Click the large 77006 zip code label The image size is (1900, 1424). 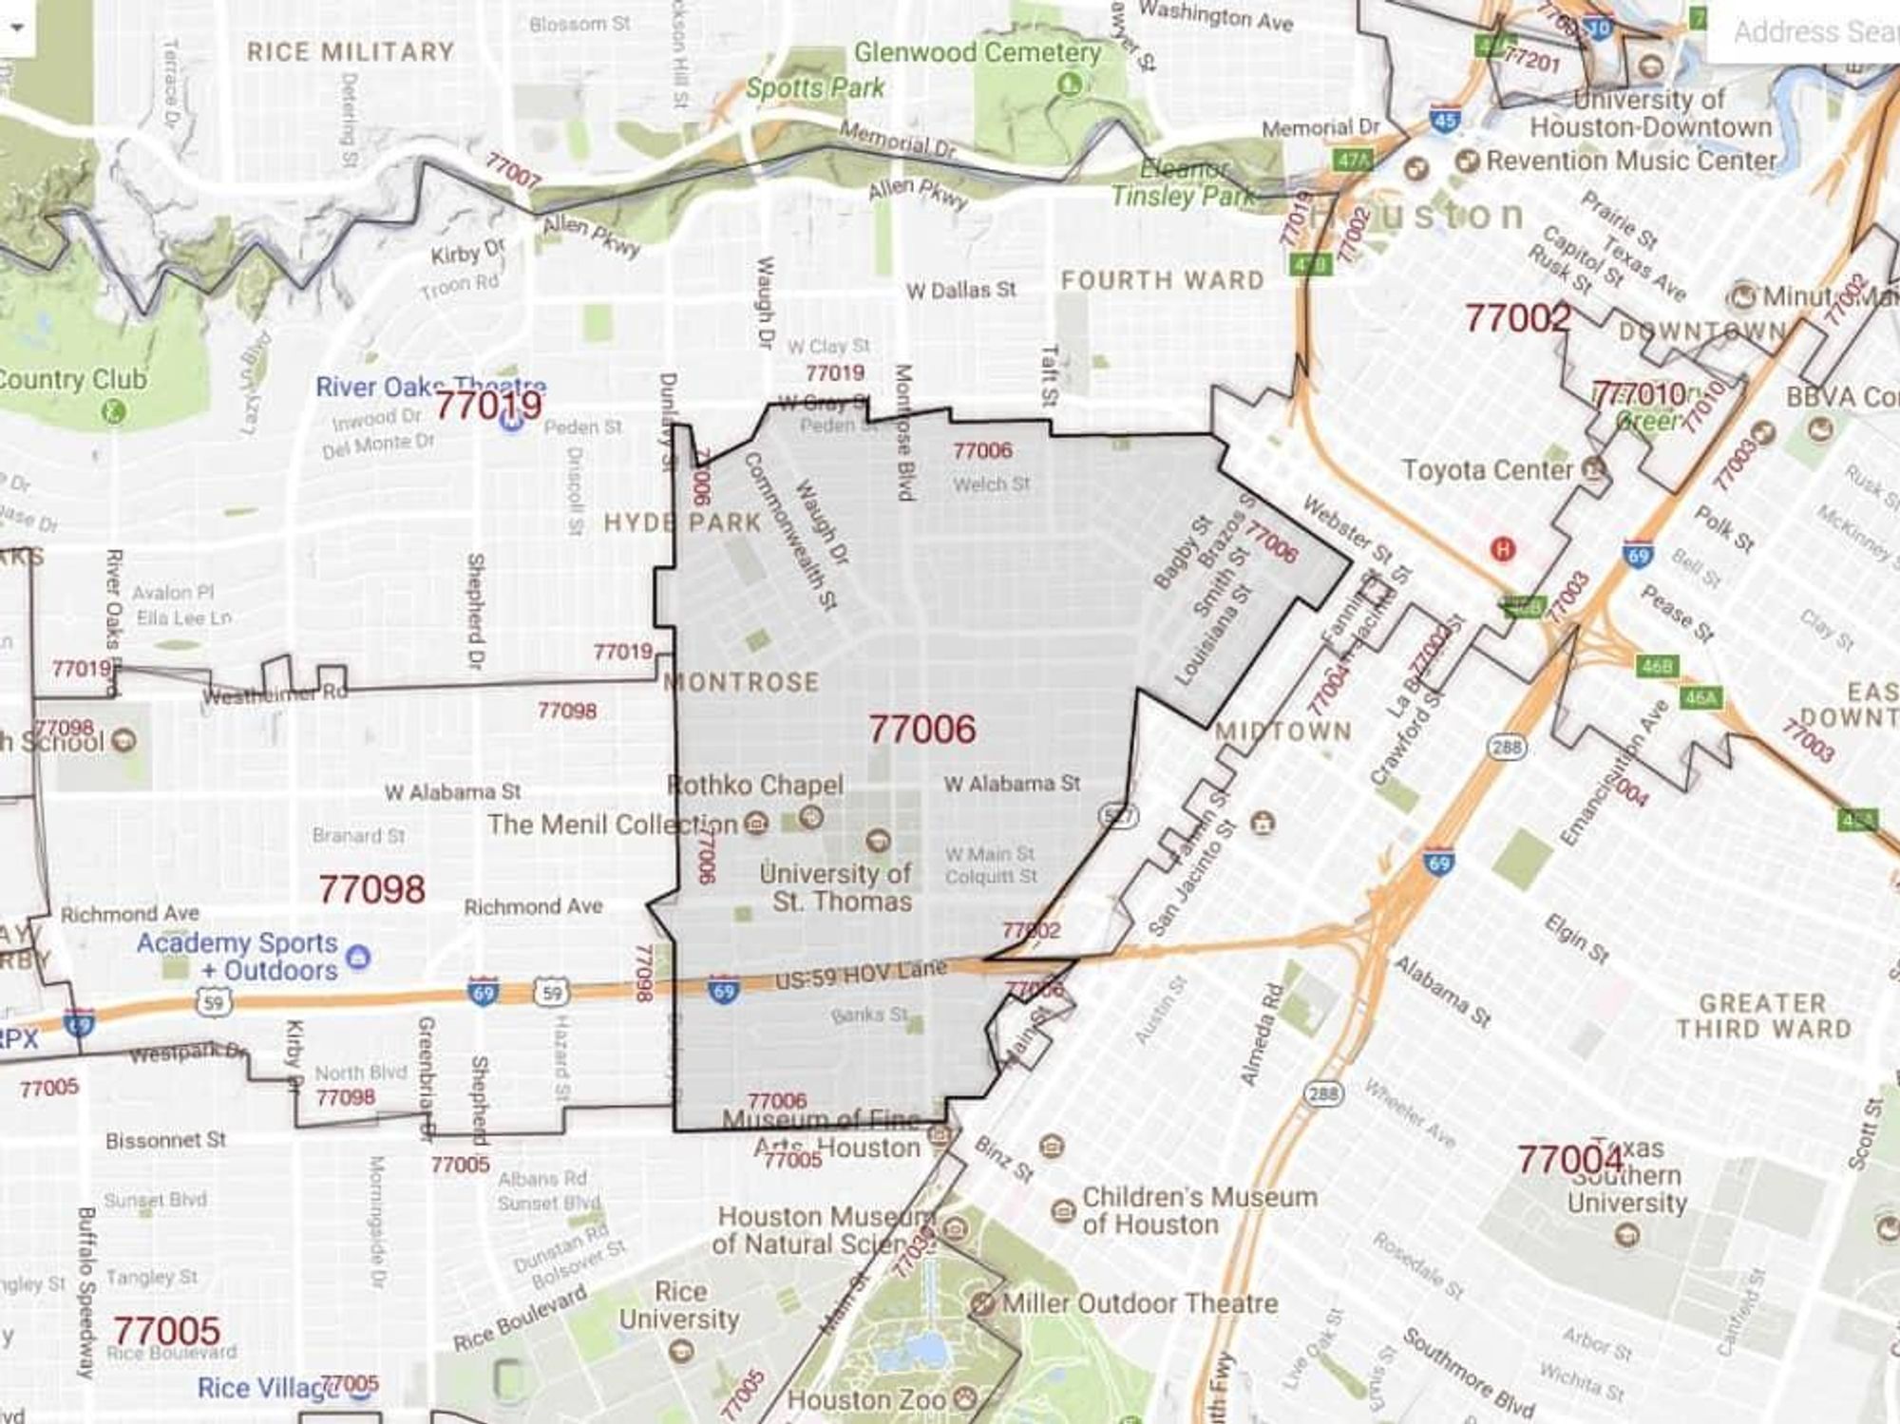point(921,730)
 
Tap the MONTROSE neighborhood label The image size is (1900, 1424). point(741,682)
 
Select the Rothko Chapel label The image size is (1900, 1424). point(755,786)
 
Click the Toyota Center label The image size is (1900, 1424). point(1489,470)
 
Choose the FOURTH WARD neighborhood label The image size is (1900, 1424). point(1162,280)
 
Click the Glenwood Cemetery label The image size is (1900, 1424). point(977,52)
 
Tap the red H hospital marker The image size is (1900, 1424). point(1502,549)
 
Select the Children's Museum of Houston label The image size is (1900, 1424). point(1199,1210)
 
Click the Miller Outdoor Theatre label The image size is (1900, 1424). point(1139,1303)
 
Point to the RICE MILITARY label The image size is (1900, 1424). point(351,51)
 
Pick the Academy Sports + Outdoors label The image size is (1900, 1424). point(237,957)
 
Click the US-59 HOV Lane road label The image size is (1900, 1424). point(861,975)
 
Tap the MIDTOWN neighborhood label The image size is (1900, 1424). point(1282,731)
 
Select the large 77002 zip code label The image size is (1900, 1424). point(1517,318)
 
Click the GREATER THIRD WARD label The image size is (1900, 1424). point(1763,1016)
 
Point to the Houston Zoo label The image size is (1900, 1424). point(866,1400)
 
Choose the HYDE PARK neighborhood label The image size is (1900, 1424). point(683,522)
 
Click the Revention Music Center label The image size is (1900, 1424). point(1630,161)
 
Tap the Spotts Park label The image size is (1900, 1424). point(815,88)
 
